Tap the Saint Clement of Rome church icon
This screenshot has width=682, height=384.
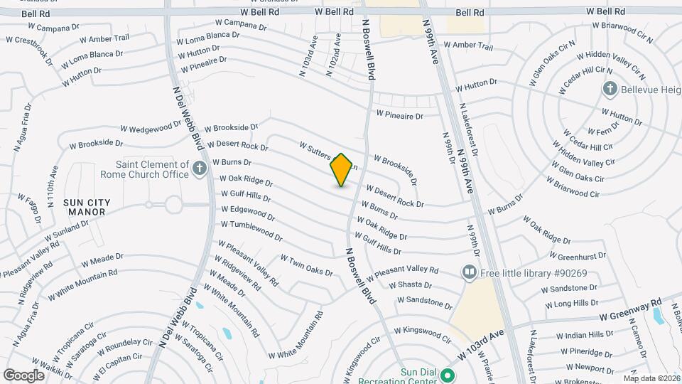pyautogui.click(x=200, y=169)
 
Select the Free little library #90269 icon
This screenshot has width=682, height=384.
pyautogui.click(x=468, y=272)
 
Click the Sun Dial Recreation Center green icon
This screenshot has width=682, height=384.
pyautogui.click(x=448, y=374)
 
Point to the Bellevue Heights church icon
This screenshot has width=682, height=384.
pyautogui.click(x=609, y=89)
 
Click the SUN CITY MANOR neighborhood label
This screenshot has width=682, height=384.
pyautogui.click(x=87, y=207)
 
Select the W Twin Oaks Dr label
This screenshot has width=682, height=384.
pyautogui.click(x=306, y=266)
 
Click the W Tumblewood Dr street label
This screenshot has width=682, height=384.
pyautogui.click(x=251, y=230)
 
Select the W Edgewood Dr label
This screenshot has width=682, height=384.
pyautogui.click(x=248, y=212)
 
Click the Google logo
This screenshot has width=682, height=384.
pyautogui.click(x=23, y=375)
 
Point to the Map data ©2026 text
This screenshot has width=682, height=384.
pyautogui.click(x=651, y=378)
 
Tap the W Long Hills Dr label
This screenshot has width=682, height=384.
pyautogui.click(x=570, y=304)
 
